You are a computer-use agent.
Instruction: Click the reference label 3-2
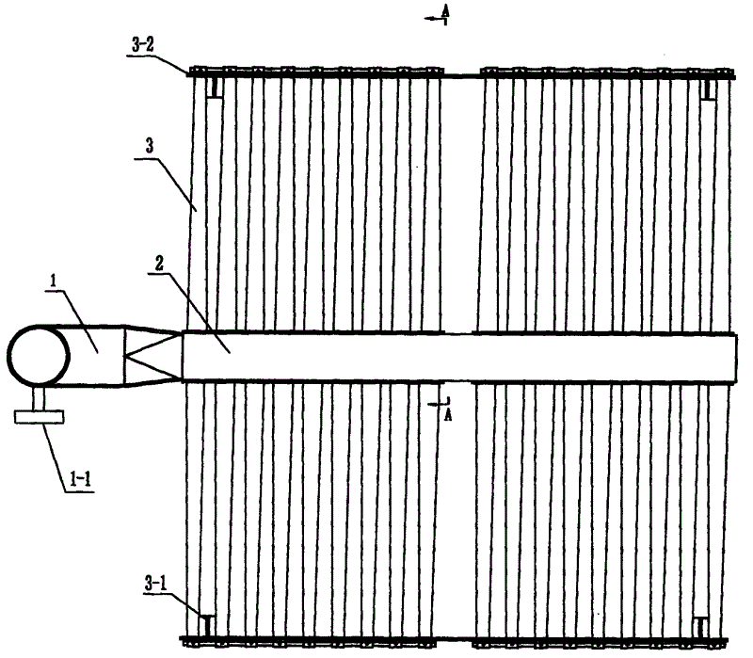tap(143, 45)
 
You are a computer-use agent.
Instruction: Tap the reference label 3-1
tap(156, 584)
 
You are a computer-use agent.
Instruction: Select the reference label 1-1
tap(80, 479)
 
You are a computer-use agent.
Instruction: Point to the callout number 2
tap(159, 263)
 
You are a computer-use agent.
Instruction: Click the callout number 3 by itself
tap(150, 146)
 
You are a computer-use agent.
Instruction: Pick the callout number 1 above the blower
tap(53, 281)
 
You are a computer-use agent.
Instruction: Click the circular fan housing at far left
tap(39, 356)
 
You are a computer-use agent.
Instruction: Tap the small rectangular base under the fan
tap(39, 416)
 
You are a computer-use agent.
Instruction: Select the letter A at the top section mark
tap(445, 9)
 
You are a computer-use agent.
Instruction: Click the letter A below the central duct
tap(448, 414)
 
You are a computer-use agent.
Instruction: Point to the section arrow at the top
tap(437, 19)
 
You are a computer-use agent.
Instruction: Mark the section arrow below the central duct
tap(438, 404)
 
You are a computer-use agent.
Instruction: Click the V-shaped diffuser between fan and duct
tap(153, 356)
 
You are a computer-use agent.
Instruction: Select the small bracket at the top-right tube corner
tap(708, 89)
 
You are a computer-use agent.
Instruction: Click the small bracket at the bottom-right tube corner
tap(701, 626)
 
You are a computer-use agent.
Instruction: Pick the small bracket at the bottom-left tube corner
tap(207, 625)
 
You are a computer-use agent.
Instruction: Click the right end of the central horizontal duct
tap(735, 358)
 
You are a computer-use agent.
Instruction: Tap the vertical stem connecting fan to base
tap(39, 398)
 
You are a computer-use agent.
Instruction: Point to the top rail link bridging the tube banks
tap(461, 75)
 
